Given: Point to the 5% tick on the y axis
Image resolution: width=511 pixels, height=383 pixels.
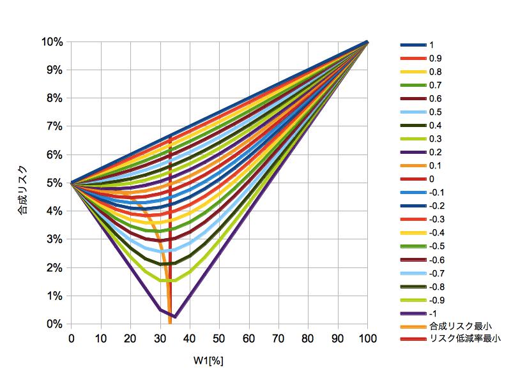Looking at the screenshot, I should tap(56, 183).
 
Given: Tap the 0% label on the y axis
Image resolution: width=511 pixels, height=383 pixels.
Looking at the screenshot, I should tap(56, 324).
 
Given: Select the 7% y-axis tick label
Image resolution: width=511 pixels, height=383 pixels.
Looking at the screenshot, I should tap(56, 126).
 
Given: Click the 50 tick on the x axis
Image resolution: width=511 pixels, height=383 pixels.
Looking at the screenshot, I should tap(219, 336).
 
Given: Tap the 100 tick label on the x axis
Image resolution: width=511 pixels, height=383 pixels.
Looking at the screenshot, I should tap(367, 336).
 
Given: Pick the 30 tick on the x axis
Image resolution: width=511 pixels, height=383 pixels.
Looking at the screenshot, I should tap(160, 336).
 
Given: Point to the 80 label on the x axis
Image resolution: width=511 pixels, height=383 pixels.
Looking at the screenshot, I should tap(308, 336).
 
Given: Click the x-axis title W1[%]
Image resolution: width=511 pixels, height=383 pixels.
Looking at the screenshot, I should tap(209, 360).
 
